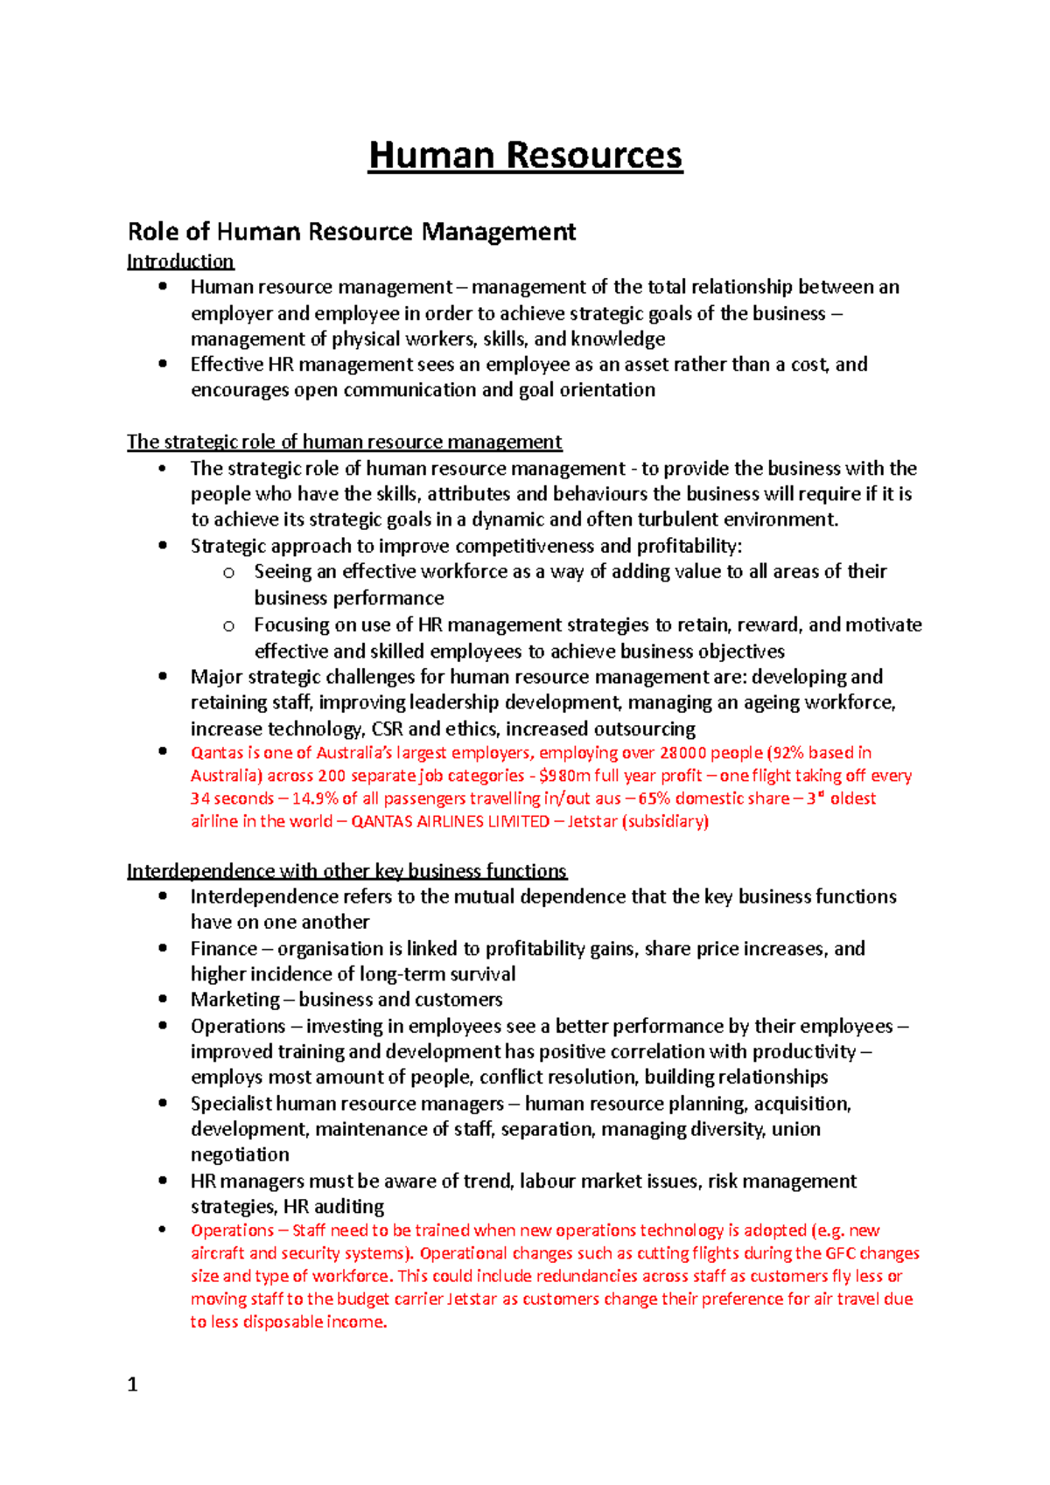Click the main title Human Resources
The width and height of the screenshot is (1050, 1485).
tap(525, 157)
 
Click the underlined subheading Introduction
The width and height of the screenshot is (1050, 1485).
tap(180, 261)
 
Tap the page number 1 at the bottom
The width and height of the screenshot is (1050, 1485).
tap(132, 1384)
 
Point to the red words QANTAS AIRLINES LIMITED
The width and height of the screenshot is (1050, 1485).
tap(450, 821)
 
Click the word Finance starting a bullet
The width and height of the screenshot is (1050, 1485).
tap(223, 949)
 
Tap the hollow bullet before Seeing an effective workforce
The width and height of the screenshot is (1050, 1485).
tap(228, 573)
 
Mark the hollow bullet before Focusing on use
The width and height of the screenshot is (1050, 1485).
tap(228, 625)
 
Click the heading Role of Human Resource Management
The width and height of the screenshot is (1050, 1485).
tap(351, 232)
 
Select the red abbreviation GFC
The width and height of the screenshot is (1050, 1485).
tap(840, 1253)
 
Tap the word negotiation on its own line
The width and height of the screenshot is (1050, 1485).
tap(240, 1154)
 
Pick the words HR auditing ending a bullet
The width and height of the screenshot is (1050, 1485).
tap(333, 1207)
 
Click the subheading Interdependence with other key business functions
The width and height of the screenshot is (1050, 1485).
tap(346, 871)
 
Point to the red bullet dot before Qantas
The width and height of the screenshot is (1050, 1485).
tap(162, 751)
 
